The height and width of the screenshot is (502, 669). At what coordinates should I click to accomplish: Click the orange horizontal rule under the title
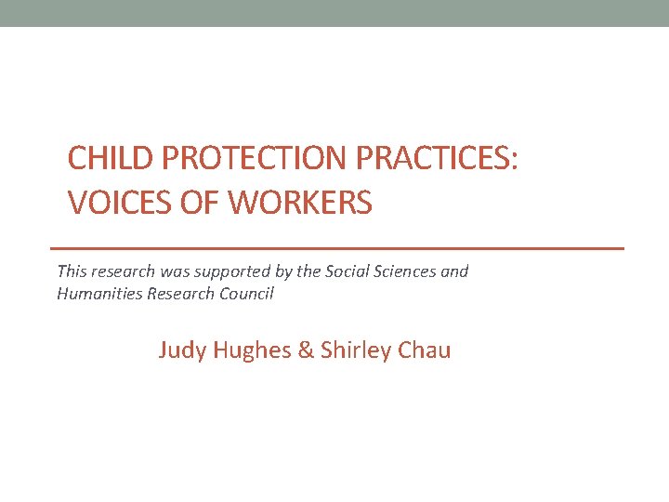[x=336, y=249]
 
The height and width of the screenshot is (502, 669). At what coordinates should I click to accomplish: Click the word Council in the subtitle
[x=246, y=294]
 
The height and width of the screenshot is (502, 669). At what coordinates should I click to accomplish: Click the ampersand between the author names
[x=306, y=350]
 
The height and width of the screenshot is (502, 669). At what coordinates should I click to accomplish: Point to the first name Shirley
[x=353, y=350]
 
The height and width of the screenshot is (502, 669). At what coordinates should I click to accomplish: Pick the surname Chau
[x=423, y=350]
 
